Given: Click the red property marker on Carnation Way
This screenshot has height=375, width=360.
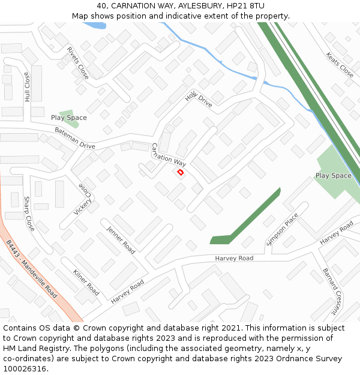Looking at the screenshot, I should pos(180,172).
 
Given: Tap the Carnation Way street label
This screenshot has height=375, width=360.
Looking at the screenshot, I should pos(169,155).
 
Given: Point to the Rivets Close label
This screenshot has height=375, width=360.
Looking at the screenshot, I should pos(78,63).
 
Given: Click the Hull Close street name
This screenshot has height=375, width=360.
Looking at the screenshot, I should pos(27,86).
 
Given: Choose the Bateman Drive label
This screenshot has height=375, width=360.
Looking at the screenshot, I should pos(75,138).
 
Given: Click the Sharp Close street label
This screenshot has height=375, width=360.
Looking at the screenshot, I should pos(29,214).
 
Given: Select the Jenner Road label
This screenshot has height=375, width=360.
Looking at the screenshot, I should pos(121,239).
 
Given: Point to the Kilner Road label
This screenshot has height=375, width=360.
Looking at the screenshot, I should pos(86,282).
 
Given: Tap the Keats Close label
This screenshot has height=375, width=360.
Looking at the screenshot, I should pos(340,65).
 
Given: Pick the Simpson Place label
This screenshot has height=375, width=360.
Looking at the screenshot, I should pos(282,229).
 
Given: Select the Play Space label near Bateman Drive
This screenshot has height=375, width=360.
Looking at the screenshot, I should pos(69,118).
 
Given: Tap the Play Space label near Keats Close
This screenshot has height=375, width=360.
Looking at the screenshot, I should pos(333,176).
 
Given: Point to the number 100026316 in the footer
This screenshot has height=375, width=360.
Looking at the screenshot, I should pos(25,369).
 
